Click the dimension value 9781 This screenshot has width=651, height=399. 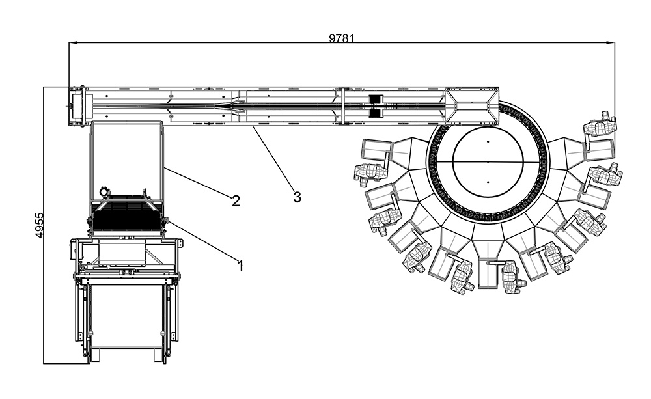pos(341,38)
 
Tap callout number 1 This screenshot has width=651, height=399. pos(240,265)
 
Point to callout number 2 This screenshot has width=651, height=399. pos(236,200)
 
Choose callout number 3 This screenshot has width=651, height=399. pos(297,197)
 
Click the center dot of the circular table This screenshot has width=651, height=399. pos(488,160)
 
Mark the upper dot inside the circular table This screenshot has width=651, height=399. pos(488,141)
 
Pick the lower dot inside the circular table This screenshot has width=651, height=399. pos(488,182)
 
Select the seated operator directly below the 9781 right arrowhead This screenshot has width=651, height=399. pos(600,126)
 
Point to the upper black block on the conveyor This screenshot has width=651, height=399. pos(374,100)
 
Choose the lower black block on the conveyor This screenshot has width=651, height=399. pos(374,113)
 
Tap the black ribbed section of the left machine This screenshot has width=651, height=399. pos(125,216)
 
